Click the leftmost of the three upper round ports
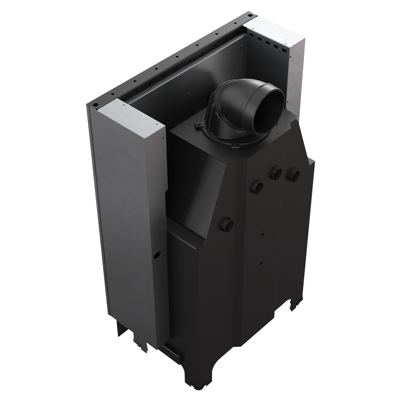point(257,185)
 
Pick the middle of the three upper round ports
point(276,172)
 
